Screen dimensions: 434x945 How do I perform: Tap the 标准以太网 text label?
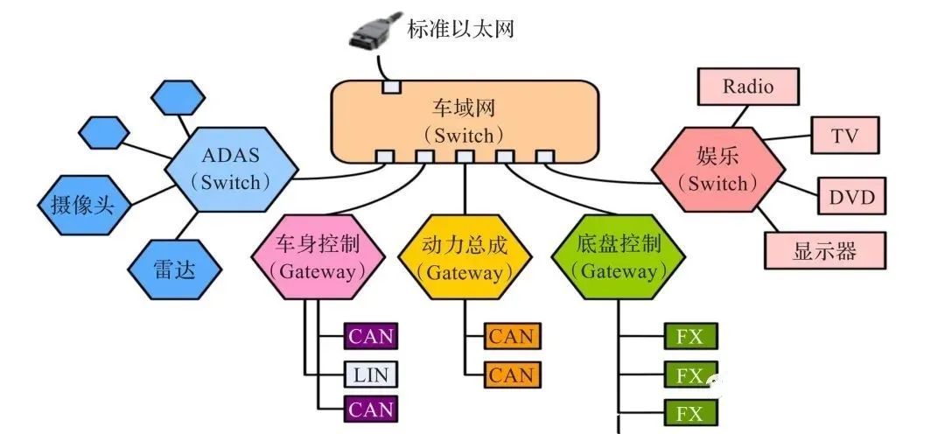point(460,28)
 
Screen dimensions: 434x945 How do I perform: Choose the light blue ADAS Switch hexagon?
point(231,169)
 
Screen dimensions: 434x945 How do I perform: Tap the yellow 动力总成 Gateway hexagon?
point(465,257)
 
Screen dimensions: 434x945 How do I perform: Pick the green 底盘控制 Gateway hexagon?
point(619,257)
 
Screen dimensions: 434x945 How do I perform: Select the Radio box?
point(748,87)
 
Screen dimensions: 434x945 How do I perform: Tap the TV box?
point(844,136)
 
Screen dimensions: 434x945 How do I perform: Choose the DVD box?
point(850,197)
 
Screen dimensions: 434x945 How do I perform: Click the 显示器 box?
point(823,252)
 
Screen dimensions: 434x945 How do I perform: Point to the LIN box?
point(370,375)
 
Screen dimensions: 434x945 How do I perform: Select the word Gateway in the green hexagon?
point(619,272)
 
